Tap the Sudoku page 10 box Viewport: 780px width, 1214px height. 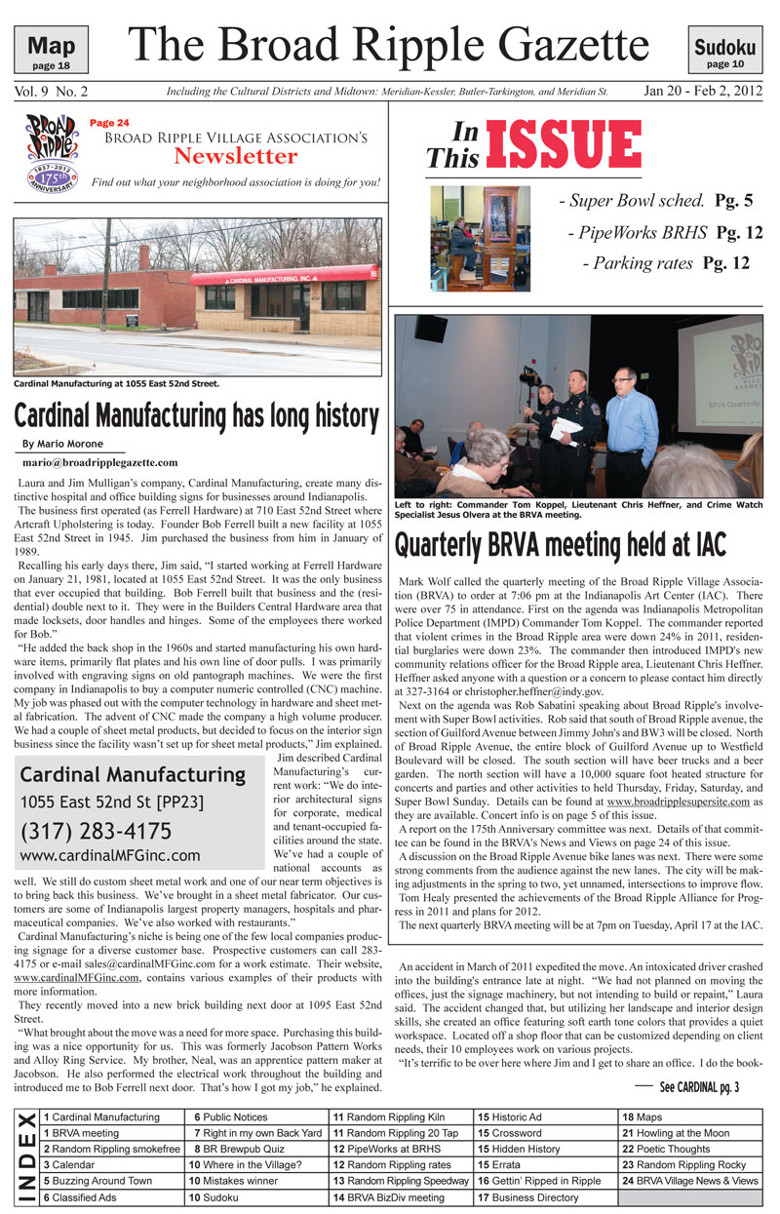click(x=725, y=51)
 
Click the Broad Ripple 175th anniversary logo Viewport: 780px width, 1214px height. click(x=50, y=151)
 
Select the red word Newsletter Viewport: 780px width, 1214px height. click(x=236, y=156)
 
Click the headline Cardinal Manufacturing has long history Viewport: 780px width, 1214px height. click(x=196, y=415)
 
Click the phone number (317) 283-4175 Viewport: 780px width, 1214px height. click(x=96, y=832)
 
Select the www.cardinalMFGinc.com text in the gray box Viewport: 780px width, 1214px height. click(x=109, y=856)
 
